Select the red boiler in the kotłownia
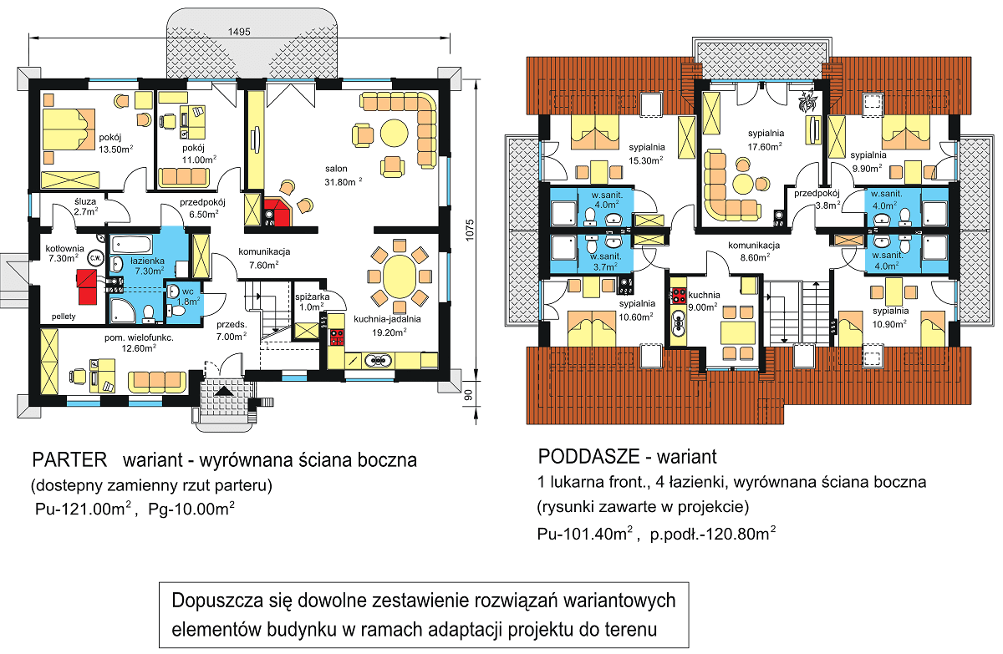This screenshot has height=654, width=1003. (85, 284)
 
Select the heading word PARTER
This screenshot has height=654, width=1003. (70, 460)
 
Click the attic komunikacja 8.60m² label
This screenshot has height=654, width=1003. (753, 252)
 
